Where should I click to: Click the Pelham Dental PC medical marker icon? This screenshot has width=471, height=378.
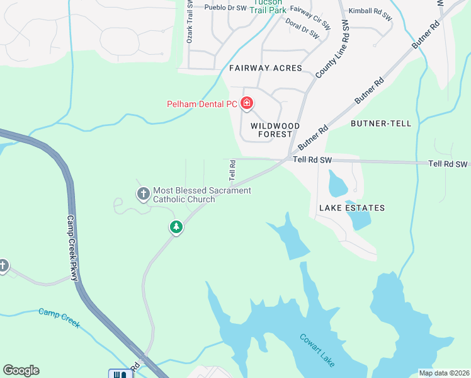pos(246,103)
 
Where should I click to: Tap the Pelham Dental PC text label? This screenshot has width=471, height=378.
pos(201,105)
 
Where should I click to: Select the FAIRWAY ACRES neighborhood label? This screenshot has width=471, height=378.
pos(265,68)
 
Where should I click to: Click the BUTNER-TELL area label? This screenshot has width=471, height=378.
pos(380,123)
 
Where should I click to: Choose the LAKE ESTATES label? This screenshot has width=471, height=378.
pos(351,208)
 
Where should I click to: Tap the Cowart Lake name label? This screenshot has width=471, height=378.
pos(317,350)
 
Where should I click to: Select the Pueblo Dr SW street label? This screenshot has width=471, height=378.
pos(225,8)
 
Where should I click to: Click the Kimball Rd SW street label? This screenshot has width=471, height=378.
pos(370,15)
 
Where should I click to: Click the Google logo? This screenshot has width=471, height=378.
pos(21,370)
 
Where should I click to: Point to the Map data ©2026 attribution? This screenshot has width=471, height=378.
pos(443,373)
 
